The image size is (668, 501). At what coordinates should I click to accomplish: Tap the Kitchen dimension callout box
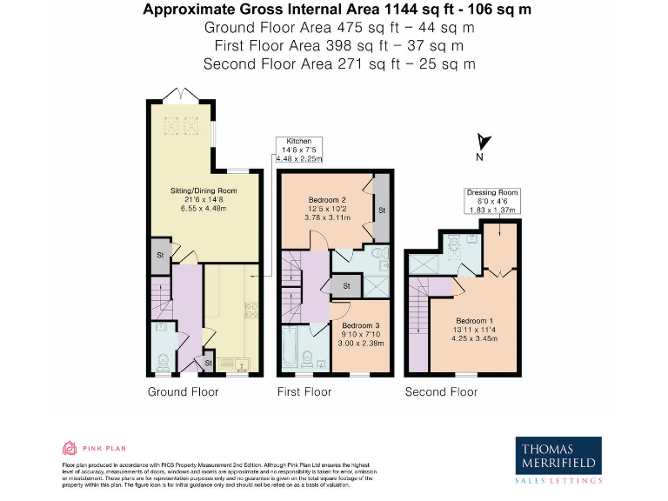(x=299, y=150)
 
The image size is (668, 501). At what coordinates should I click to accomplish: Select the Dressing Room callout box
(x=491, y=201)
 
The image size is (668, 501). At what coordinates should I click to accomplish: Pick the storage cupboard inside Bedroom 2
(x=380, y=210)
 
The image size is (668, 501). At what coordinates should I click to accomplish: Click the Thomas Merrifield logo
(x=559, y=458)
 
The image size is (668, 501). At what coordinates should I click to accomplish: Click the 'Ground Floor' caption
(x=183, y=392)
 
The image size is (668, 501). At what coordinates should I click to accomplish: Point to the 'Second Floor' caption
(x=441, y=392)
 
